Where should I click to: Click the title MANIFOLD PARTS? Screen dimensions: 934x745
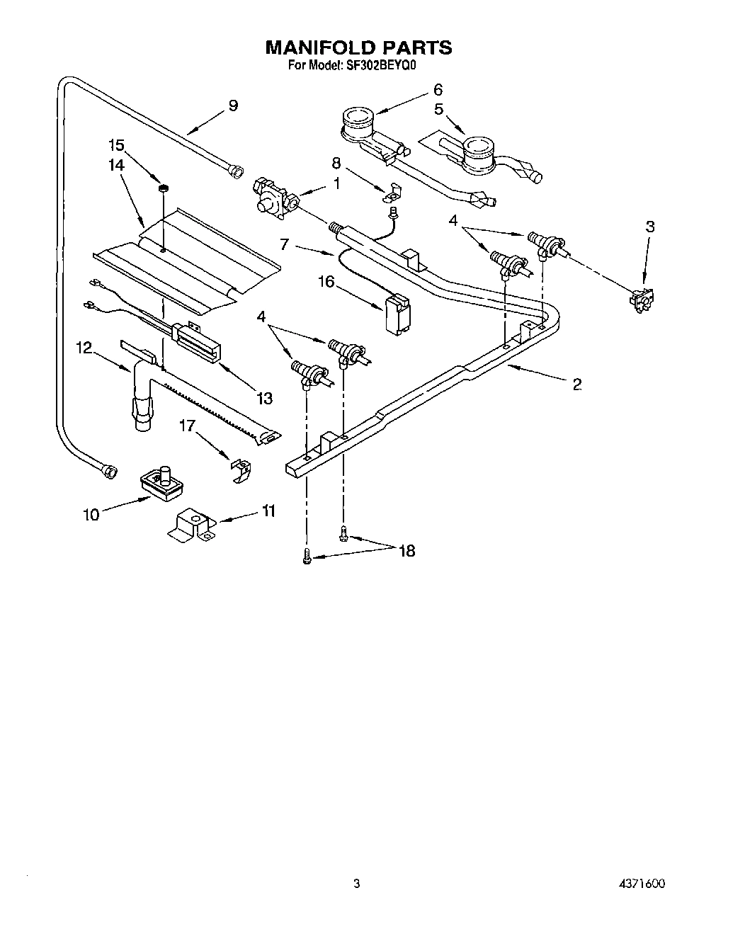pos(358,47)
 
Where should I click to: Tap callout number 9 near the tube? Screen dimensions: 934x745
pos(232,106)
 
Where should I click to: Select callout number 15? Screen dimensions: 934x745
pos(116,146)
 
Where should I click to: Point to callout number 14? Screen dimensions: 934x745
pos(116,164)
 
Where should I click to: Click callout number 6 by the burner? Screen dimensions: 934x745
pos(438,90)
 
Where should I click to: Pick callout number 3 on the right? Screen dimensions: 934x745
pos(649,227)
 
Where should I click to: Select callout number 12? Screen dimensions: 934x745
pos(84,348)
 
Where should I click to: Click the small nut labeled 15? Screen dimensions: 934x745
pos(162,188)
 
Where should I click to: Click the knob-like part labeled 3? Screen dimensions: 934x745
pos(641,300)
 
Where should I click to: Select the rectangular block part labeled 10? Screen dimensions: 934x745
pos(162,483)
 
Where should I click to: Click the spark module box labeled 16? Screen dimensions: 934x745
pos(397,313)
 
